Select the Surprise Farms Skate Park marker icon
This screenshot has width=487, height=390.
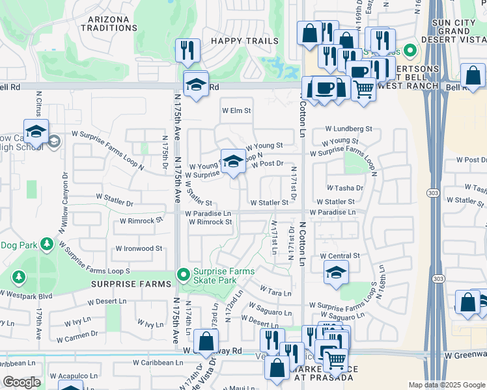click(184, 275)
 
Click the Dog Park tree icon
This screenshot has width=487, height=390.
click(46, 244)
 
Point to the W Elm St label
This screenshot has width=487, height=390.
click(236, 110)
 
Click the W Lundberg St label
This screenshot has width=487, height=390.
click(348, 129)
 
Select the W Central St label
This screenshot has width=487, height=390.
click(339, 256)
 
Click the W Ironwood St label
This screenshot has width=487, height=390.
click(139, 248)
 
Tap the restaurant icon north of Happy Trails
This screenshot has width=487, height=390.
click(188, 50)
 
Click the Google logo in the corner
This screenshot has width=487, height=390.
click(22, 382)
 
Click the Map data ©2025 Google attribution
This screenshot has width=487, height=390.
click(446, 385)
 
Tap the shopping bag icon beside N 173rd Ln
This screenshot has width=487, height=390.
click(206, 341)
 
